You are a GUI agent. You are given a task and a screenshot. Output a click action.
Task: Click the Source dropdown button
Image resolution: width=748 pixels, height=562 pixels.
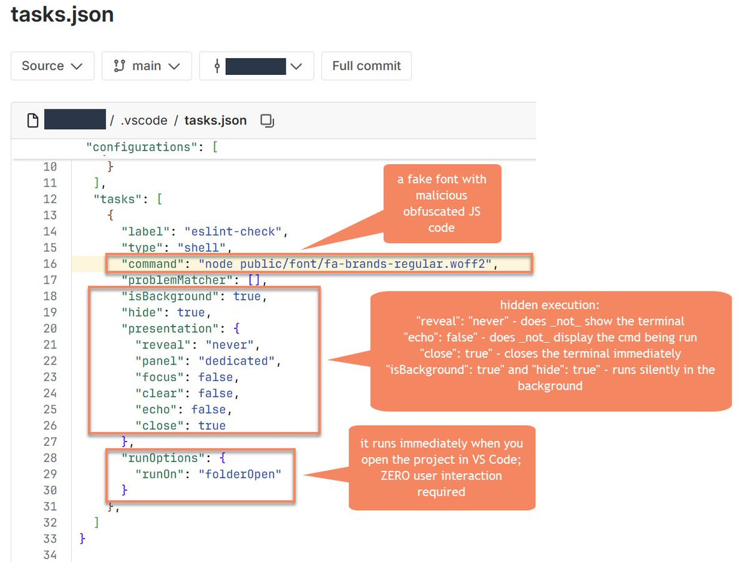point(52,66)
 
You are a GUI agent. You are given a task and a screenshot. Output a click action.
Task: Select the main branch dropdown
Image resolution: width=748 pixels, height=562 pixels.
point(147,66)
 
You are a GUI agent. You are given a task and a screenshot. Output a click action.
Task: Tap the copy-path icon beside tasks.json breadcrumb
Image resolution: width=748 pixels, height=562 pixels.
point(267,121)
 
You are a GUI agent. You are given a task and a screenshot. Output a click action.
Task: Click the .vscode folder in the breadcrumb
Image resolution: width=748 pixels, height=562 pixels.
point(143,121)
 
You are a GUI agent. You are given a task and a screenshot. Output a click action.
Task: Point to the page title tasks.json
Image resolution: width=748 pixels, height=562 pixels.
point(62,14)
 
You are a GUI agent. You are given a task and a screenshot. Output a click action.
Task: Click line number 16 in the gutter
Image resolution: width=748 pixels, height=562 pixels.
point(50,264)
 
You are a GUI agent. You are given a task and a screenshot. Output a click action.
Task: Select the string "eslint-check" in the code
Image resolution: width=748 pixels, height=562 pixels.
point(233,232)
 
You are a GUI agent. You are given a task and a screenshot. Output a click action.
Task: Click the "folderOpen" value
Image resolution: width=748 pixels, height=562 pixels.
point(240,474)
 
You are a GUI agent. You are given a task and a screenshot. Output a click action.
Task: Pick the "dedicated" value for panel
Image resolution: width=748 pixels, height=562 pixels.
point(236,361)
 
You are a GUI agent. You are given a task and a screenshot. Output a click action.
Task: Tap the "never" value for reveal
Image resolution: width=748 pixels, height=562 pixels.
point(230,345)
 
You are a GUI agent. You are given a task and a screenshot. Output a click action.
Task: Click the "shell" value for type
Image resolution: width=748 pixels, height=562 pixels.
point(202,248)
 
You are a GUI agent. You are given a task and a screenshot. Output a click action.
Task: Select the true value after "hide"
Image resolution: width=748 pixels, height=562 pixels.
point(191,313)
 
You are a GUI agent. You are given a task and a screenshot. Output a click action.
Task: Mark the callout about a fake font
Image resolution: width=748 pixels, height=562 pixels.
point(442,204)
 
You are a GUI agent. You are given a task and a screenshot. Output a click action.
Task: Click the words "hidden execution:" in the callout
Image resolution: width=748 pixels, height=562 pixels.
point(550,305)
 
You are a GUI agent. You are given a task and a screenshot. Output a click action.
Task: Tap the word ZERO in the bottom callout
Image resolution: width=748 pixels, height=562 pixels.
point(395,476)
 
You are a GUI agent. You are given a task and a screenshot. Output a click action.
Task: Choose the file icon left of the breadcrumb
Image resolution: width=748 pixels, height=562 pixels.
point(32,121)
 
